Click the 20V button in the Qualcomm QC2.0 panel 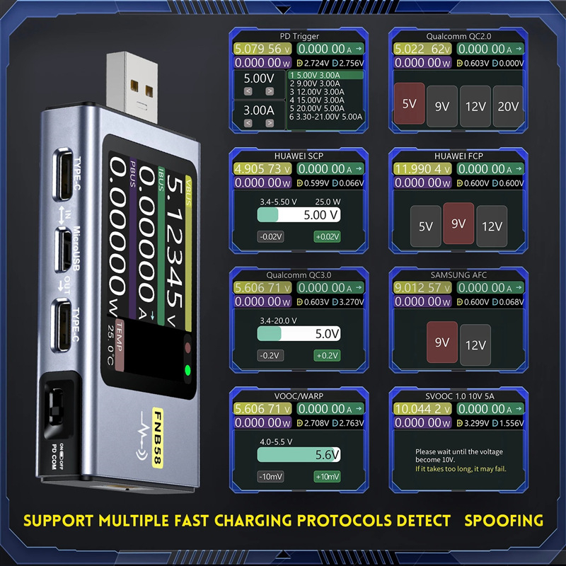click(x=508, y=106)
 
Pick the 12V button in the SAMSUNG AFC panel click(x=475, y=345)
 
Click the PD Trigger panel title click(x=300, y=36)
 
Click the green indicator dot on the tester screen click(x=188, y=369)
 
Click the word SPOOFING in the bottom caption click(x=504, y=521)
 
